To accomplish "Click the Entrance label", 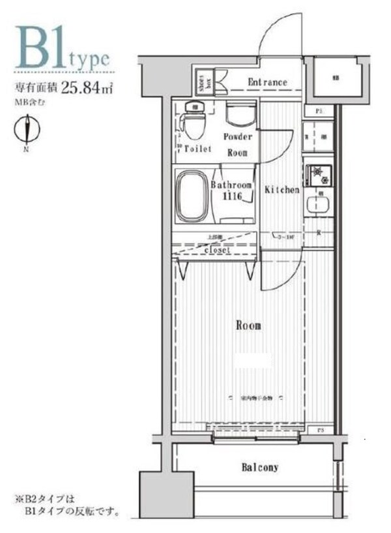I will [267, 82].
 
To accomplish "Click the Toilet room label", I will [197, 149].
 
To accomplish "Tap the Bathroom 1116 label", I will [231, 190].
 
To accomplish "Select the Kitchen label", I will [282, 190].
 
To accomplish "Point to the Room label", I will [248, 325].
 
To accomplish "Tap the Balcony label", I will [260, 467].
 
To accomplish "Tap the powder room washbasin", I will [239, 114].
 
